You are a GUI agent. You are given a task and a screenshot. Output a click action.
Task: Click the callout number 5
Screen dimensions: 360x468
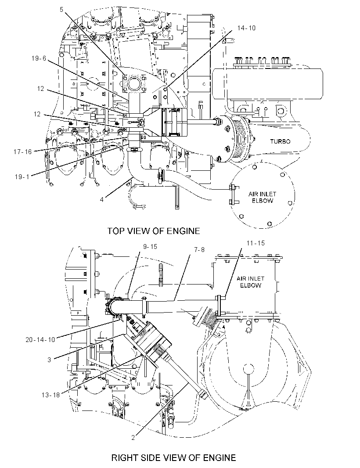click(x=61, y=10)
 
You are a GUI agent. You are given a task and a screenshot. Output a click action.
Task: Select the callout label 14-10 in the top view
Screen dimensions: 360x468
click(x=247, y=28)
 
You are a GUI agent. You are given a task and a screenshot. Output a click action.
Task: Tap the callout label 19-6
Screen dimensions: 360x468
click(x=39, y=58)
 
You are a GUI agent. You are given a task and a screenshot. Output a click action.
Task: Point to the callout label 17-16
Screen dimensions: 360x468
click(x=22, y=152)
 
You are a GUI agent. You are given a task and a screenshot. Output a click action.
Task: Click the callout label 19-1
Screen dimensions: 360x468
click(x=22, y=176)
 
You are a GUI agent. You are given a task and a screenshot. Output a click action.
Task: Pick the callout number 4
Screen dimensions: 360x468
click(x=101, y=200)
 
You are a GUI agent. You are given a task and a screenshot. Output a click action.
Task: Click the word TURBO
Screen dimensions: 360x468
click(x=280, y=141)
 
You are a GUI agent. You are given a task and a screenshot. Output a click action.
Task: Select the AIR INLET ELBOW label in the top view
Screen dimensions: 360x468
click(x=263, y=197)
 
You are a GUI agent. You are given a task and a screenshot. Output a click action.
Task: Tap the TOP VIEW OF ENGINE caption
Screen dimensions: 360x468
click(x=154, y=231)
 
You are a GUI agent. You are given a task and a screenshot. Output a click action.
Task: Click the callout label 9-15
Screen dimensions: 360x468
click(x=150, y=247)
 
